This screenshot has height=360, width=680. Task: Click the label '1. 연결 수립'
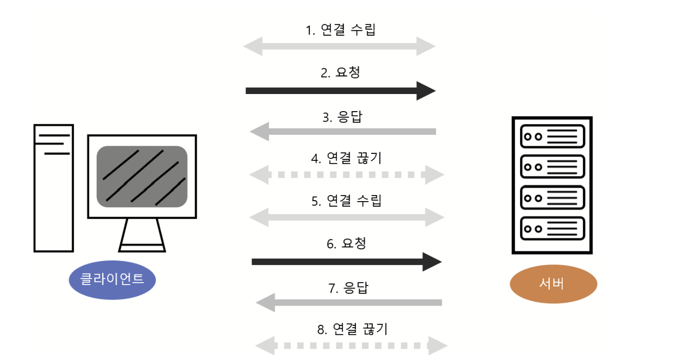[341, 30]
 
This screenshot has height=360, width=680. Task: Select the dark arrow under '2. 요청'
[341, 91]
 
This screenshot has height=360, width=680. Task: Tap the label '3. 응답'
[342, 117]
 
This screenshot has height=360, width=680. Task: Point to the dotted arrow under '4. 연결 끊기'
[347, 175]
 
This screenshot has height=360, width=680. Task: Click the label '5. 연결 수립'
[347, 201]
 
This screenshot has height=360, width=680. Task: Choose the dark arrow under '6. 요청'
[347, 261]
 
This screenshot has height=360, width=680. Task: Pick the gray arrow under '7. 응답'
[349, 303]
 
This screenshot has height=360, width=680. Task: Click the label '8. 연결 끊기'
[353, 329]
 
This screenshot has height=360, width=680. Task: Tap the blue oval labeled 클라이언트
[112, 280]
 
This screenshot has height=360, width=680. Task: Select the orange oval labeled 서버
[553, 284]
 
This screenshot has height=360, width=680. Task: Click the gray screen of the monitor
[142, 176]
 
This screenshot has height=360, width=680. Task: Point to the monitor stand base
[142, 248]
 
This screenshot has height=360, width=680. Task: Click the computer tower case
[54, 188]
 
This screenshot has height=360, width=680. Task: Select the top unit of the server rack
[552, 136]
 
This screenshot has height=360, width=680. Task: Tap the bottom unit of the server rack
[552, 229]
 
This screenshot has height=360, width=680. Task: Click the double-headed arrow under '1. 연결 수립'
[339, 46]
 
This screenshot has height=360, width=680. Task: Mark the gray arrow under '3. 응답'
[343, 131]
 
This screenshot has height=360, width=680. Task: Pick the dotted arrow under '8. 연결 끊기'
[351, 345]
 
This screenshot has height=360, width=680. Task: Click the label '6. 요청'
[347, 244]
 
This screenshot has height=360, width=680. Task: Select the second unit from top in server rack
[552, 166]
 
